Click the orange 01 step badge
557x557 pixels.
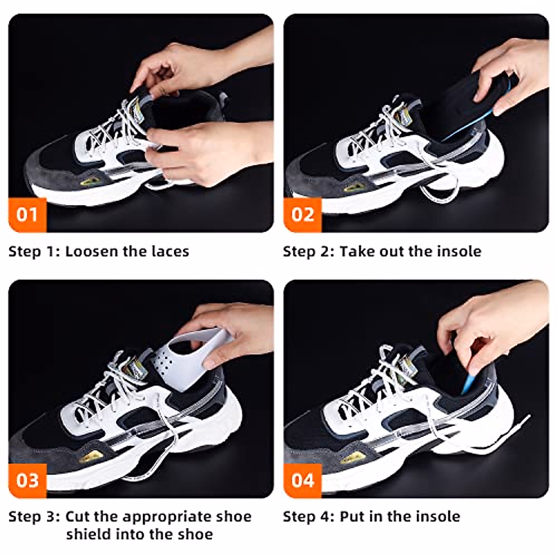click(x=27, y=215)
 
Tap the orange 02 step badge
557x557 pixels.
click(x=303, y=215)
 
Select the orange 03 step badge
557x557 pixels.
click(x=27, y=480)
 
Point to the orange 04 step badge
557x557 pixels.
click(x=303, y=480)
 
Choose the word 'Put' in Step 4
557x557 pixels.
click(x=351, y=517)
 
